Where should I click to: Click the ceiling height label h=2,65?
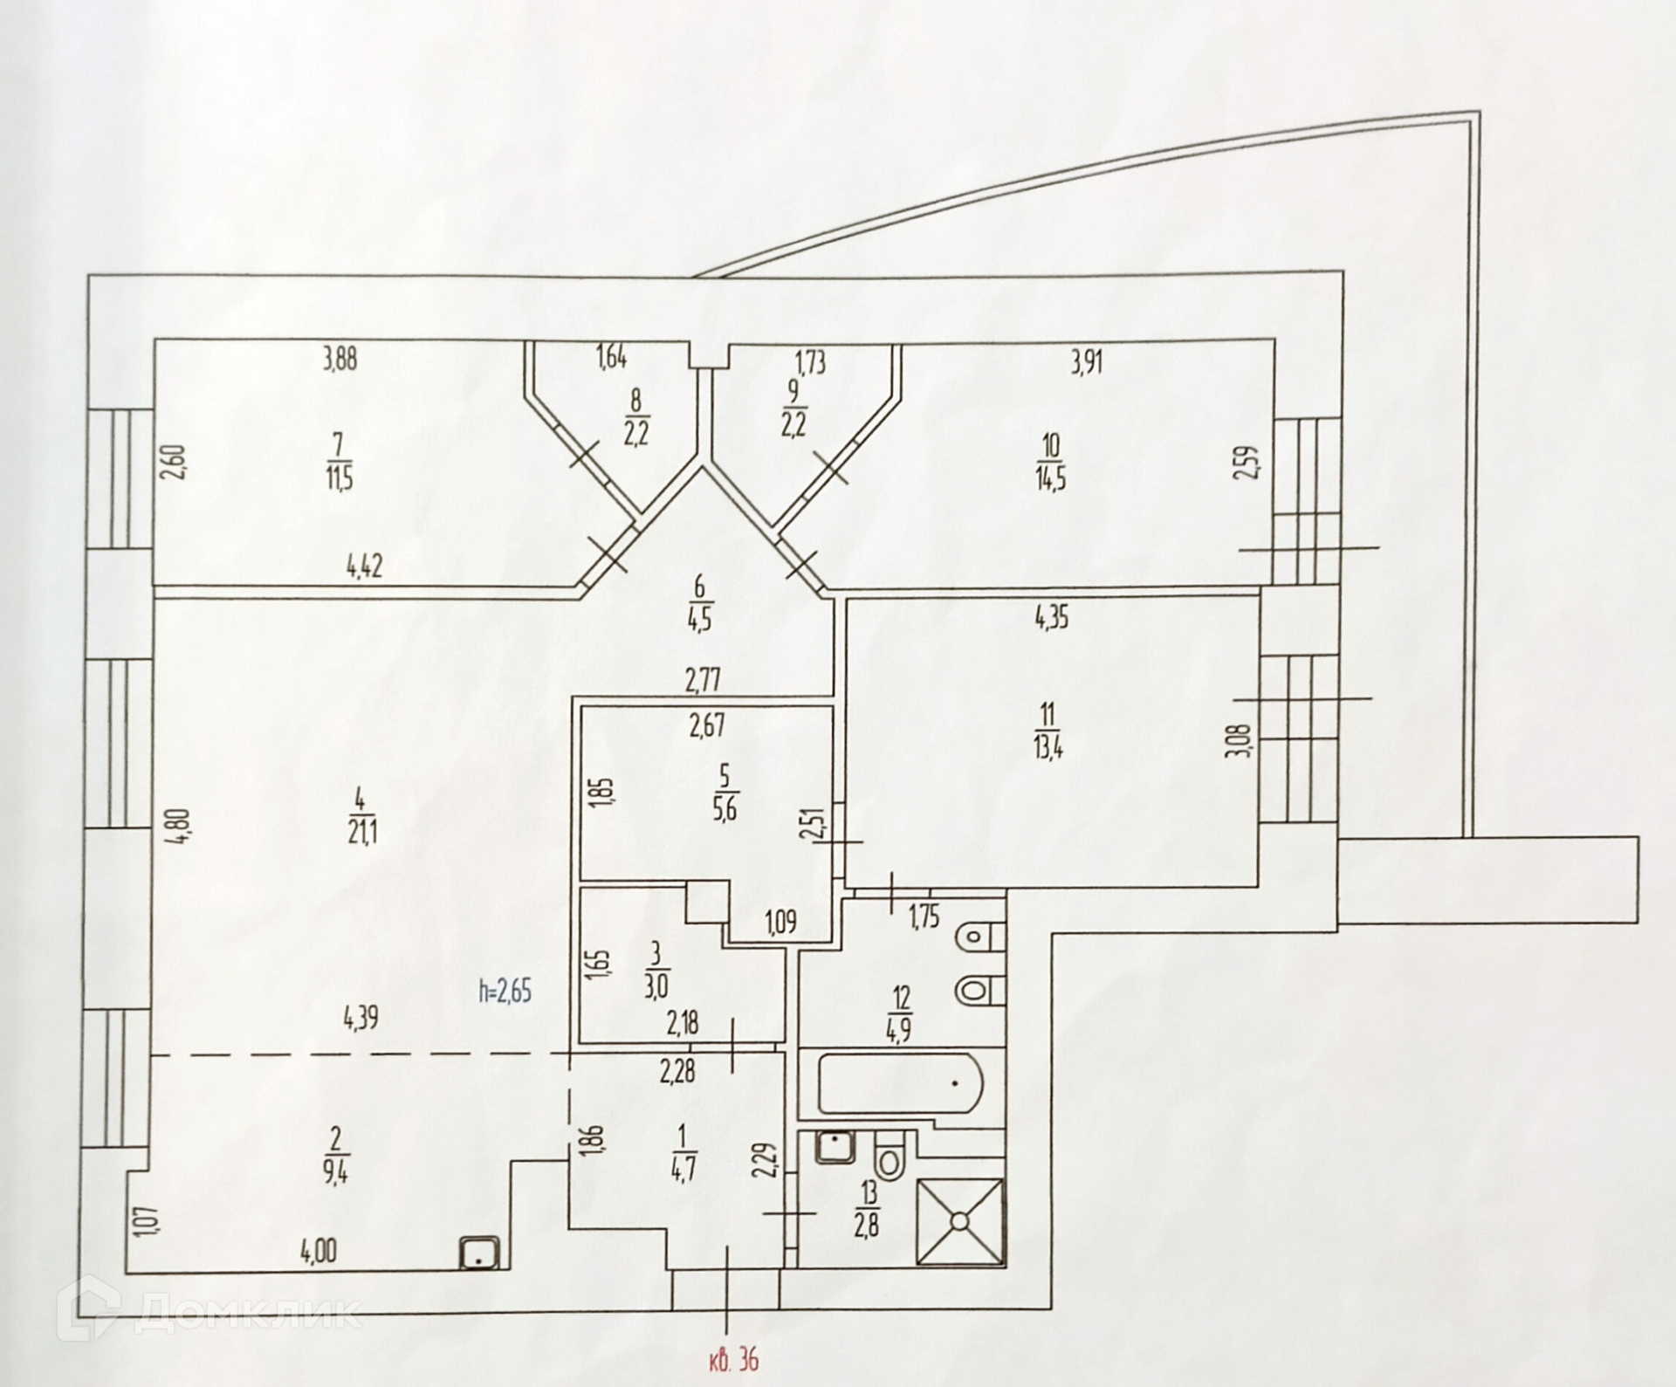[x=505, y=992]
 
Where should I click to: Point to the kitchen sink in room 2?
[x=479, y=1279]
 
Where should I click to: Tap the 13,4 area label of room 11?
[x=1047, y=749]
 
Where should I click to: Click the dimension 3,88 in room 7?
[x=340, y=360]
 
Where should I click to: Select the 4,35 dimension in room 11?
[x=1052, y=619]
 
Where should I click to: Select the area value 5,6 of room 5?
[x=725, y=809]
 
